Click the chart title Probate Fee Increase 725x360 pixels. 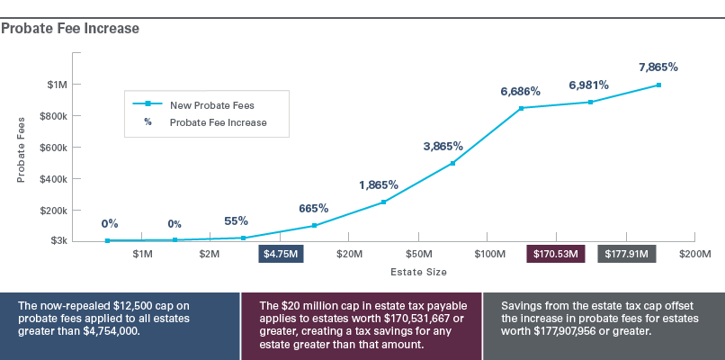coord(70,29)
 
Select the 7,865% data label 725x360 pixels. coord(658,67)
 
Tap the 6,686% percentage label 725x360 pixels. coord(521,91)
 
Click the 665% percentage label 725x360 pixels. coord(314,208)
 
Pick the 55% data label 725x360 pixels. coord(236,220)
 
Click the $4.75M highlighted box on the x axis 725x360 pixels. coord(282,255)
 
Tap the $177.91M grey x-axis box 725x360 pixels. coord(627,255)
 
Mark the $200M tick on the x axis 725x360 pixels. coord(694,255)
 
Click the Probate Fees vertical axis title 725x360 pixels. coord(22,149)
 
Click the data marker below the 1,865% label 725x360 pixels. coord(383,202)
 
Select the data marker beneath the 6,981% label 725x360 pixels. coord(590,102)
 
